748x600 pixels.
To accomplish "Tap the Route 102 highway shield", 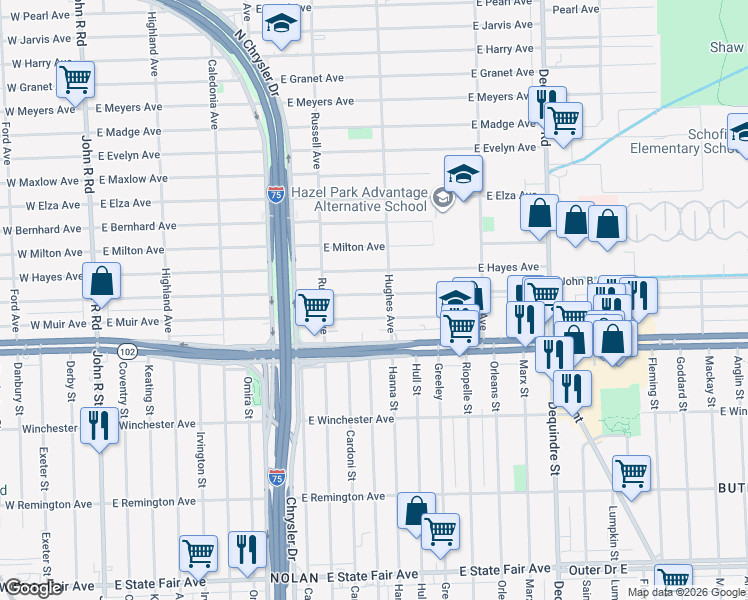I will [x=127, y=352].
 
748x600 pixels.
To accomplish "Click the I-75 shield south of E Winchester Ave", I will [x=277, y=477].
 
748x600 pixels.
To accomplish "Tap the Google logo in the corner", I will [x=32, y=588].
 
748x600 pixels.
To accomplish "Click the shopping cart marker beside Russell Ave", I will [x=315, y=306].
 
